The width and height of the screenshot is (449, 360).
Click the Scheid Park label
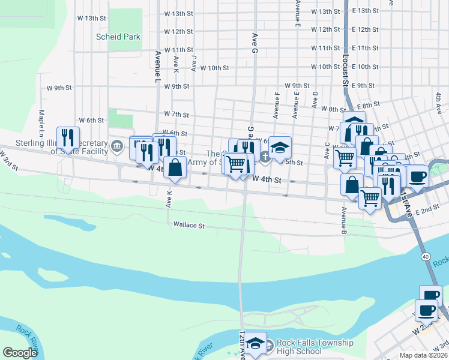click(118, 37)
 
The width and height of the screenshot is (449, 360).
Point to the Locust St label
click(346, 73)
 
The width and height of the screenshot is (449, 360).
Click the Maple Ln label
click(42, 121)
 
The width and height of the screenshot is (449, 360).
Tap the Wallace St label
click(189, 226)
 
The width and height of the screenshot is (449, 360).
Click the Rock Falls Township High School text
click(315, 347)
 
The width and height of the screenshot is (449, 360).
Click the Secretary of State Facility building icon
click(118, 144)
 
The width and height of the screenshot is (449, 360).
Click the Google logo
click(20, 353)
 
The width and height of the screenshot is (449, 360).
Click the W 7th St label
click(176, 114)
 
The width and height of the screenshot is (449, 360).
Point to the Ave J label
click(194, 64)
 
